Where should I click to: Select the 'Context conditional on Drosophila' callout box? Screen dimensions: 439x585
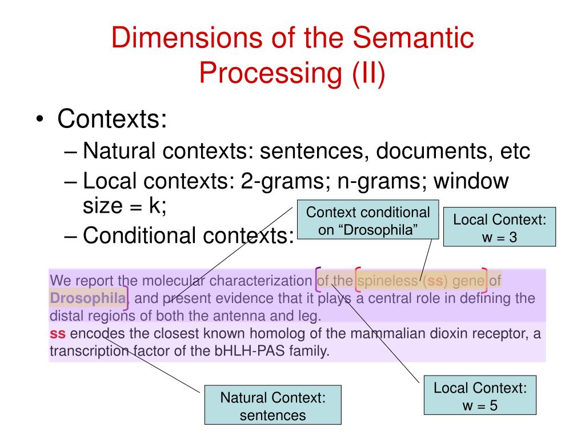coord(368,221)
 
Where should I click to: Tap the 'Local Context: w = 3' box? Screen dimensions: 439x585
coord(499,227)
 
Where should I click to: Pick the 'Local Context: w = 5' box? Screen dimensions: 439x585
coord(480,396)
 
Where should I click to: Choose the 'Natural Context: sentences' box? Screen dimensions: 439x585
coord(273,406)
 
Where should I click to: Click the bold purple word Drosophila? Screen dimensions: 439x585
coord(87,298)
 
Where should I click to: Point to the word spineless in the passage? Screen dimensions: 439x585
coord(385,281)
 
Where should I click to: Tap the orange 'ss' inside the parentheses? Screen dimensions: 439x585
coord(435,281)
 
